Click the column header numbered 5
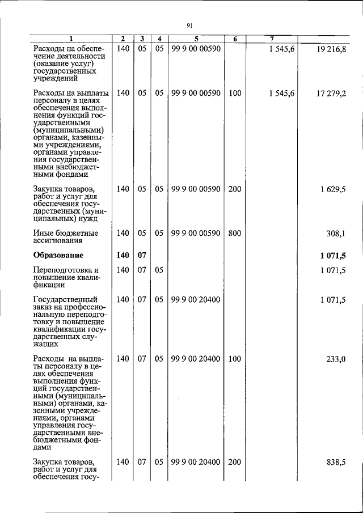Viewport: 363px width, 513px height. click(x=195, y=39)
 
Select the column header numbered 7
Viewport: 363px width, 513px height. click(x=272, y=39)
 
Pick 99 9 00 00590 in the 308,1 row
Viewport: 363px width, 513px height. click(x=195, y=233)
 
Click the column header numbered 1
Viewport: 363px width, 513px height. click(x=71, y=39)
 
